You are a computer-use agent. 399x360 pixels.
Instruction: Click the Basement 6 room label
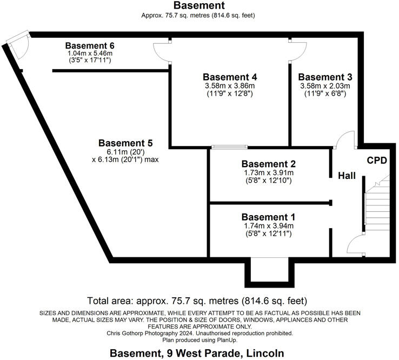coord(90,45)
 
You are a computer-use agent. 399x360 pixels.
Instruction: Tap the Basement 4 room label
coord(230,77)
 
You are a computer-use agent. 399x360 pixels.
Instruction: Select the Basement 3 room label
coord(325,77)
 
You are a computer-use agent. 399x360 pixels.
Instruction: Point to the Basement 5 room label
coord(125,143)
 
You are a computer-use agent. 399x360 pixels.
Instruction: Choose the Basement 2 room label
coord(269,164)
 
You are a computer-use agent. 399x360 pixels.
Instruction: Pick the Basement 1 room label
coord(269,217)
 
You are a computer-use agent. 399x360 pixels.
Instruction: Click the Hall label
coord(346,176)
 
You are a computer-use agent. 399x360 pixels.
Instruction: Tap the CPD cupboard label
coord(377,161)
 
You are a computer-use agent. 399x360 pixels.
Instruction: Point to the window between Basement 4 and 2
coord(229,146)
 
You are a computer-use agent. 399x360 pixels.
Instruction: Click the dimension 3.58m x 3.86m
coord(230,86)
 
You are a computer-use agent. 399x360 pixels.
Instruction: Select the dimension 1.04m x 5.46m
coord(90,54)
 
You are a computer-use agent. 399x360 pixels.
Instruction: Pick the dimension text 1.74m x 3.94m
coord(269,226)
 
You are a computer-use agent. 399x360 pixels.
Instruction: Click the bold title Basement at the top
coord(199,6)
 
